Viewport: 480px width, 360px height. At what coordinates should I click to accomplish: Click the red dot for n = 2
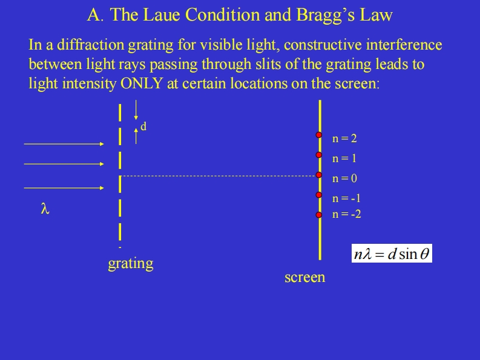click(x=318, y=135)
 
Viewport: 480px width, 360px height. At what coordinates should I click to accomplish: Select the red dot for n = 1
click(x=318, y=155)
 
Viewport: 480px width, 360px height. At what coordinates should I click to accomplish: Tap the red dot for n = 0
click(x=318, y=175)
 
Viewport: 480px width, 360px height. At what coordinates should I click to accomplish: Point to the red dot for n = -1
click(x=318, y=195)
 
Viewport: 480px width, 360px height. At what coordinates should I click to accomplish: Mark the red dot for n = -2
click(x=318, y=214)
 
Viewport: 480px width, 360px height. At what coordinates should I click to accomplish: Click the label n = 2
click(x=344, y=139)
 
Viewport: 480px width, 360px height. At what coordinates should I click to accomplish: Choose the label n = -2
click(x=347, y=214)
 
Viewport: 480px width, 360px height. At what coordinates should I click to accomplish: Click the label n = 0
click(x=344, y=178)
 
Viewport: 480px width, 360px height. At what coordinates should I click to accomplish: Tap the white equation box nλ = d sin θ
click(x=392, y=254)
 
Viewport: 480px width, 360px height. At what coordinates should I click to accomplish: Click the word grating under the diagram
click(x=130, y=264)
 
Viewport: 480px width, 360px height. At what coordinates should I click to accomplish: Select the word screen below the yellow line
click(x=304, y=277)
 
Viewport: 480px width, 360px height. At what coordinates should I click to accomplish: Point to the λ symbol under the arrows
click(x=44, y=209)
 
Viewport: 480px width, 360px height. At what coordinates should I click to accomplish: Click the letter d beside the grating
click(x=143, y=126)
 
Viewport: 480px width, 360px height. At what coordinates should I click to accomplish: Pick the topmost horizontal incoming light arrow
click(x=64, y=144)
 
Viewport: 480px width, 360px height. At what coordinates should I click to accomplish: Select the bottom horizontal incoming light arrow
click(x=64, y=188)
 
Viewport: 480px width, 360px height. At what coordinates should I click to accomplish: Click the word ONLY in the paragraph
click(x=142, y=83)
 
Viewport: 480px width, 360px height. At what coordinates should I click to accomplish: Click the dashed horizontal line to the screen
click(x=218, y=176)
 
